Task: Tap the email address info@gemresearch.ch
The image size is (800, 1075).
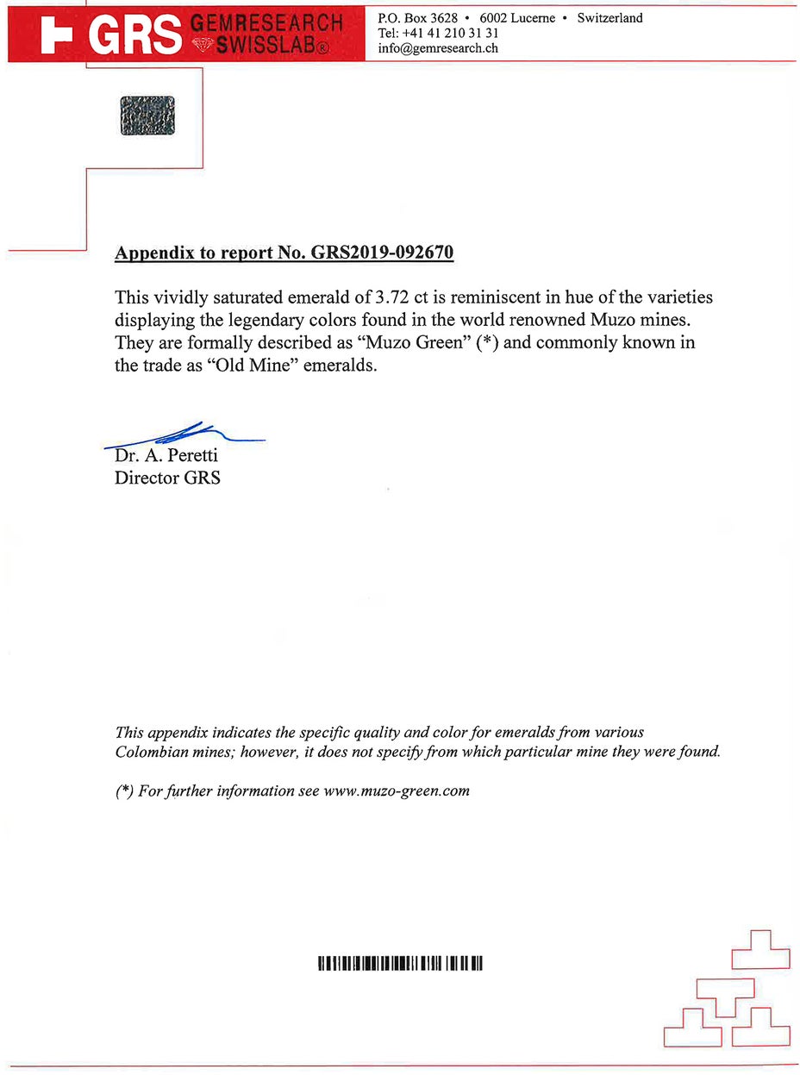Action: coord(438,48)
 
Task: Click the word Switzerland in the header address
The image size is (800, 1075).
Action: coord(609,17)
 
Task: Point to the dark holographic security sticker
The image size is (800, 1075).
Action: coord(147,115)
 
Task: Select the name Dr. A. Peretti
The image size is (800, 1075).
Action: coord(166,455)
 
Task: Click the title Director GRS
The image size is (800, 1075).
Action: coord(167,477)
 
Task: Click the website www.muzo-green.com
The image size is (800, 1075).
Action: coord(396,791)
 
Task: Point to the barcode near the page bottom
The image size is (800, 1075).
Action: coord(400,963)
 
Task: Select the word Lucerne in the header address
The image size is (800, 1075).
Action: coord(533,17)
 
